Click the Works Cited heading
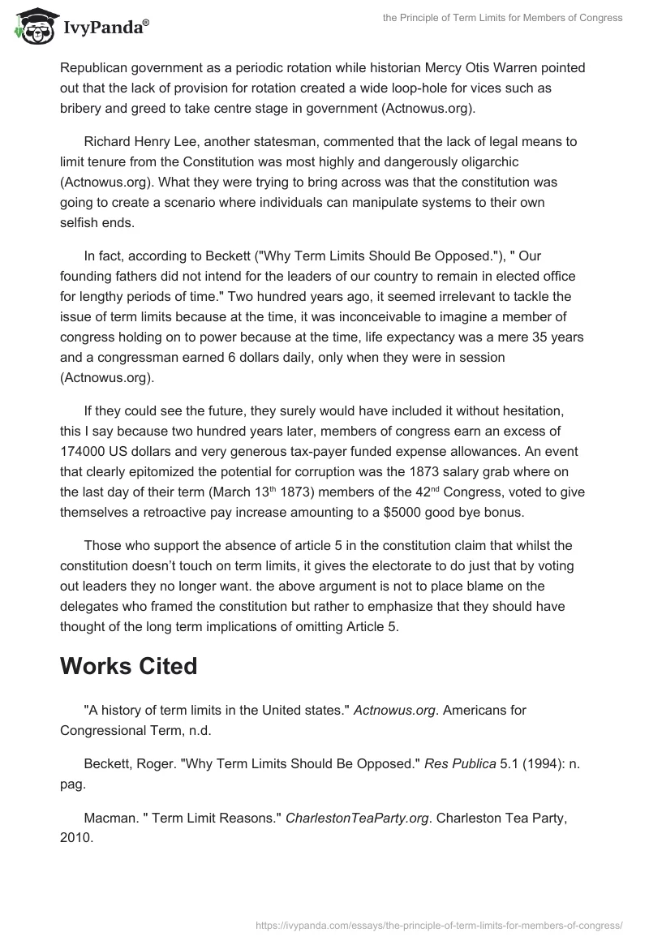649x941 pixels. pos(128,665)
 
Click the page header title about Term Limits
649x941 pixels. pos(502,18)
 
